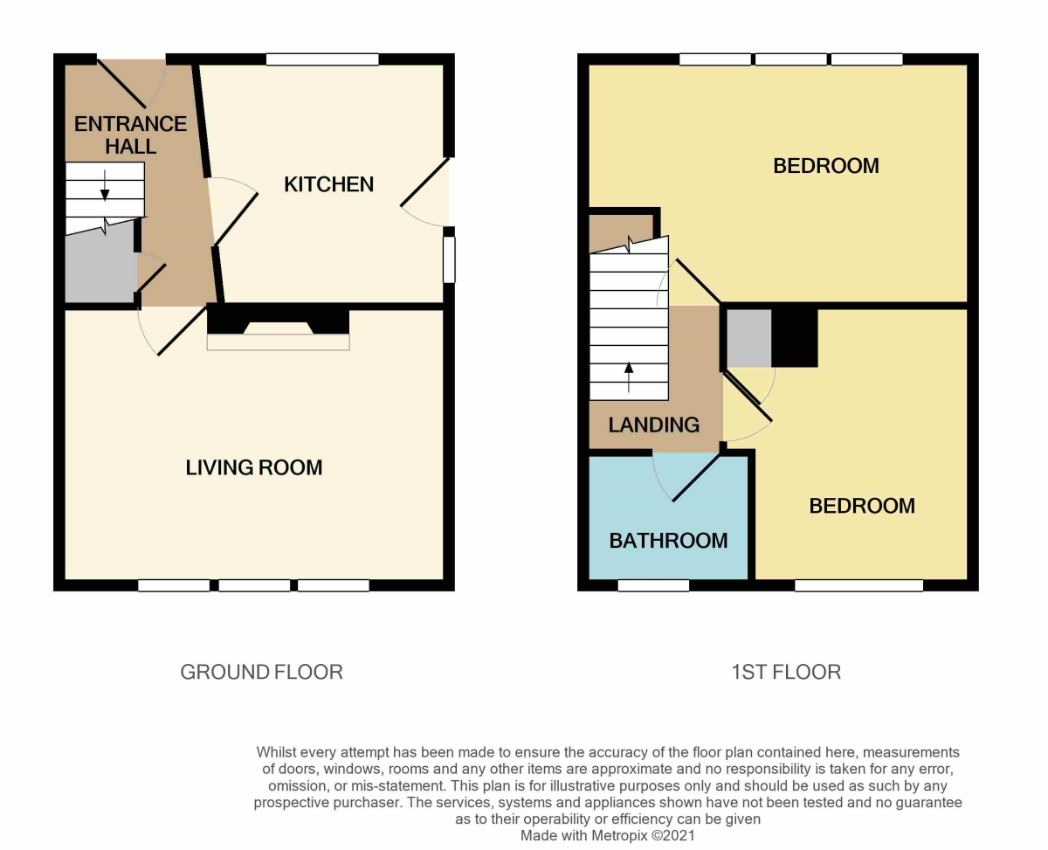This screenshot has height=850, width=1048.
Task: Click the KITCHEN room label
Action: click(x=328, y=184)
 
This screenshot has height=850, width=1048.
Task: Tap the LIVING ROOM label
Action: click(x=254, y=468)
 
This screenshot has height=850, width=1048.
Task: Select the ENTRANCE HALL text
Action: click(x=130, y=135)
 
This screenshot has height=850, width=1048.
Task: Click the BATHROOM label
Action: click(x=668, y=541)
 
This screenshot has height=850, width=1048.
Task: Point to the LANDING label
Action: click(x=654, y=425)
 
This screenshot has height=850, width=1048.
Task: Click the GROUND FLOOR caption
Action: click(x=261, y=672)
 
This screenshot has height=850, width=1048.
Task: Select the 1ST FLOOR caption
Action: click(x=785, y=672)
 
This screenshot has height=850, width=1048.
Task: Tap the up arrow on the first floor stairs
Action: click(x=629, y=377)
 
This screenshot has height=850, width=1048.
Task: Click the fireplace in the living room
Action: click(x=278, y=330)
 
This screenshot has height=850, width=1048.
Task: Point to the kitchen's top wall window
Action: click(x=322, y=59)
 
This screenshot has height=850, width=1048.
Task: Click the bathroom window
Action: click(x=653, y=585)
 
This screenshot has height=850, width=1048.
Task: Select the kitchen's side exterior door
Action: click(x=425, y=183)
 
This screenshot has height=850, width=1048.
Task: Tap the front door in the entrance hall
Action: click(x=121, y=83)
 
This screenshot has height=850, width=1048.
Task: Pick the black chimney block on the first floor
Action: click(x=795, y=337)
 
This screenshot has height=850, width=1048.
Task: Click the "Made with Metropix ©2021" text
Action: click(x=608, y=835)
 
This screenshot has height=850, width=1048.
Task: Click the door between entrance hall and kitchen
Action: click(x=235, y=218)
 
